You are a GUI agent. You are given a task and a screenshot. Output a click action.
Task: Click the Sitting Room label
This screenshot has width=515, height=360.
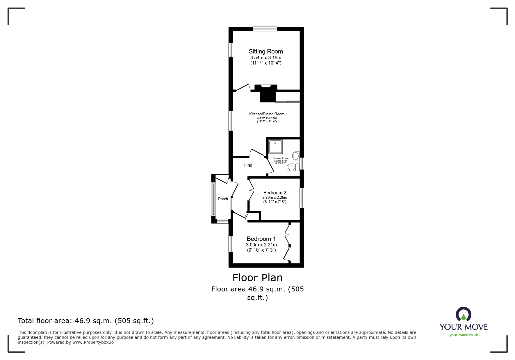(265, 51)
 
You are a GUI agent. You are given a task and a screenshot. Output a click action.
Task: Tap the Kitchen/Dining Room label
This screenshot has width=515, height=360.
(267, 114)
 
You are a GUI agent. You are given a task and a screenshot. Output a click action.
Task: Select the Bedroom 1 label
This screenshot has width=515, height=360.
(261, 239)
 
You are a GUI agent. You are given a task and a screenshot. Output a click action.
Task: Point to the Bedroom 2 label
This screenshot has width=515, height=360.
(275, 193)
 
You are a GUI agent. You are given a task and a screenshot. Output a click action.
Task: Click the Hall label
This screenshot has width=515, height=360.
(248, 165)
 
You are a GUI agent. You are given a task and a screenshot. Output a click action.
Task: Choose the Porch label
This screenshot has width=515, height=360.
(223, 199)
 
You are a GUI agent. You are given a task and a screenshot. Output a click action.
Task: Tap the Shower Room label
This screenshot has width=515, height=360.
(281, 159)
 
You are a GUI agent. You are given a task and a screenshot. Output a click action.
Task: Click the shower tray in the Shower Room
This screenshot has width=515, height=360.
(276, 146)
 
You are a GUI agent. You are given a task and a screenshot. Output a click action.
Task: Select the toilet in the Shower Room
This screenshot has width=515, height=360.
(293, 167)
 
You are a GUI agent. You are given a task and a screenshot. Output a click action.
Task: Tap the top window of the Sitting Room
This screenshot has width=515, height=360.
(265, 29)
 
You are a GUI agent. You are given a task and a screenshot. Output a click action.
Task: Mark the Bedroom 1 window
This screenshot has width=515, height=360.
(231, 243)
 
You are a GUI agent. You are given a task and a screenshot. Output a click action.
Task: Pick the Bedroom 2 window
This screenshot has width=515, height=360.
(302, 198)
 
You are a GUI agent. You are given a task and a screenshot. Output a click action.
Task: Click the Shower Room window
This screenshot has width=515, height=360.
(302, 163)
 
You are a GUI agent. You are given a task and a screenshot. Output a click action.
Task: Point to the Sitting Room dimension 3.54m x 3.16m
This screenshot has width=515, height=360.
(265, 58)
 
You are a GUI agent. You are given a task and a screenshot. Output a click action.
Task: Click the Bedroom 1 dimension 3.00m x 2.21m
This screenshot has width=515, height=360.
(261, 245)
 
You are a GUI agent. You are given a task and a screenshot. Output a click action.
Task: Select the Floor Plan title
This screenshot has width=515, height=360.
(257, 278)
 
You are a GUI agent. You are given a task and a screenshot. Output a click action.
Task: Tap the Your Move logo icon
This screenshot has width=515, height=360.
(463, 314)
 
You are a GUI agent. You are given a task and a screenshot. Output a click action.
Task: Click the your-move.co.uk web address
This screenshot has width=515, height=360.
(464, 335)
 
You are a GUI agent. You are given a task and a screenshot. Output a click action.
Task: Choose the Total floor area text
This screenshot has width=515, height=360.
(86, 321)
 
